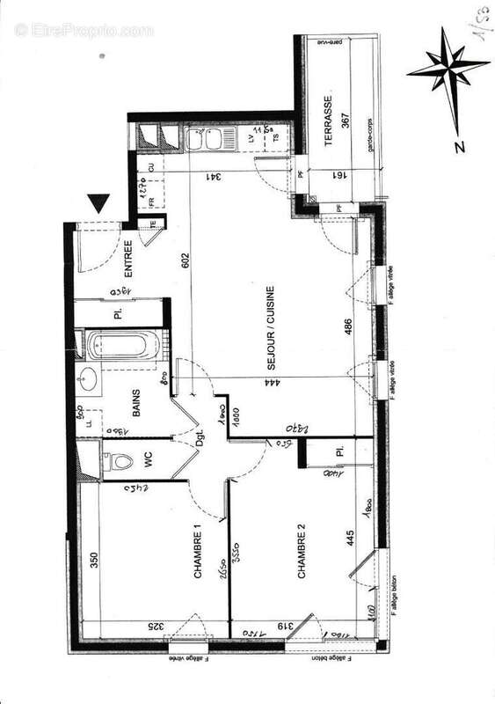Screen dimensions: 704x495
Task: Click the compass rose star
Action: point(448,67)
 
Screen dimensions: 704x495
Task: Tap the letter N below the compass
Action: point(459,147)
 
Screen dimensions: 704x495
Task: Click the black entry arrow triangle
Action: point(101,203)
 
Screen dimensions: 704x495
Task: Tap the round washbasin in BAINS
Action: point(88,380)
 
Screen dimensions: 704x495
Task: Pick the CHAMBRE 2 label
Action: point(302,552)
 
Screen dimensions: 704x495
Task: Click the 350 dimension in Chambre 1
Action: point(94,561)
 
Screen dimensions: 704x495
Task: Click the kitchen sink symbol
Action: point(210,139)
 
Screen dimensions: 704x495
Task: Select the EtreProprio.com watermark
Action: point(84,31)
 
